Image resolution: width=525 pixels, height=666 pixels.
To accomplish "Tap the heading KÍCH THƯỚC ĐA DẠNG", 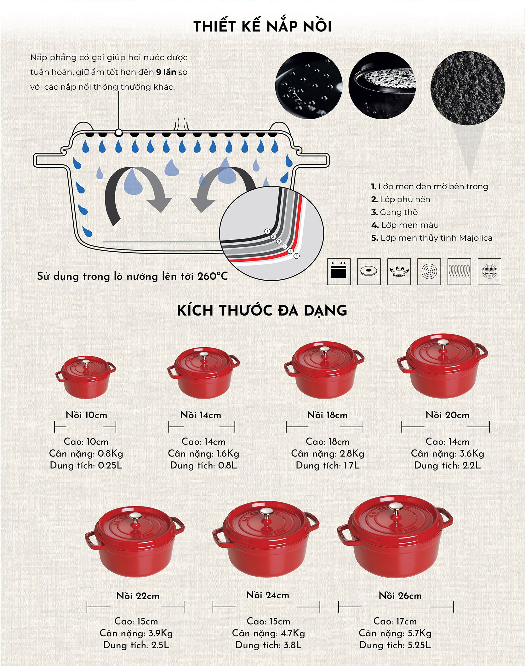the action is [262, 310].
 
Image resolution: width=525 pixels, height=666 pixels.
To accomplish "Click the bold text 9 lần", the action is [166, 72].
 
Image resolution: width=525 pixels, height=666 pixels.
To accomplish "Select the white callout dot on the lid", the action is [118, 133].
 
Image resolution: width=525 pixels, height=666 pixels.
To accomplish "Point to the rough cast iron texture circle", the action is [467, 88].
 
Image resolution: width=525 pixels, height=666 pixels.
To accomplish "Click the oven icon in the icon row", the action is [339, 271].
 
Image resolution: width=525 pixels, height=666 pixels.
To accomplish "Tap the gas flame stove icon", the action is [399, 271].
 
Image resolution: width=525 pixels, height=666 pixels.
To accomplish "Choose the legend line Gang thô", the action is [394, 212].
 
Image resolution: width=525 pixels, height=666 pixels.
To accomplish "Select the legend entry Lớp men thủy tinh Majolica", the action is [431, 238].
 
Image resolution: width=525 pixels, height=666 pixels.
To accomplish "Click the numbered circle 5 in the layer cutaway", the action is [296, 256].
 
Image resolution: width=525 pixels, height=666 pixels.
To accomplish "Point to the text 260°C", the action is [213, 276].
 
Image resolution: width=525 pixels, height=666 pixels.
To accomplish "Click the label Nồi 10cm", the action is [86, 415].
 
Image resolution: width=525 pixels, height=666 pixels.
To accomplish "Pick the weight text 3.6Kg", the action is [472, 453].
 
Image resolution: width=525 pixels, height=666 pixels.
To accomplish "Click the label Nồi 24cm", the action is [268, 595].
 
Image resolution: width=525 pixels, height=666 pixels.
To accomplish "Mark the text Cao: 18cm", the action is [328, 441].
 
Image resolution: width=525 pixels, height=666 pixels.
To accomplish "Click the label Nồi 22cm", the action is [138, 596].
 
